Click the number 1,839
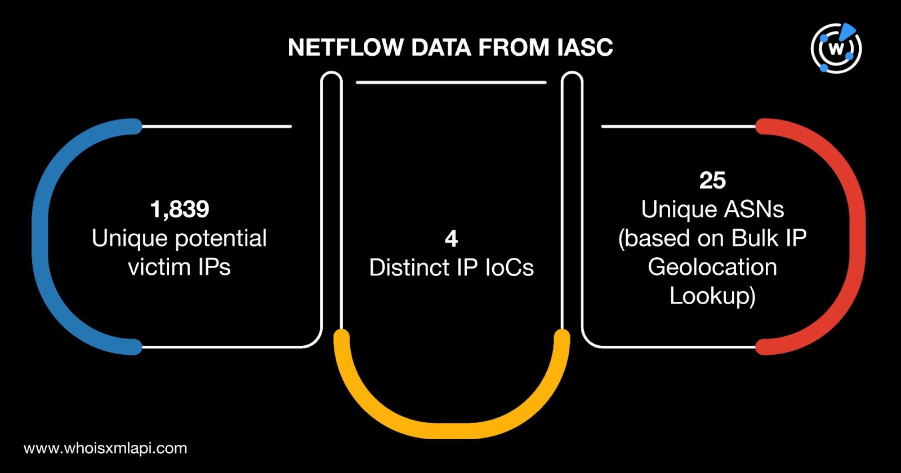[180, 209]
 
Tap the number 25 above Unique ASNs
[712, 181]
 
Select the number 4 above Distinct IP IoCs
[451, 239]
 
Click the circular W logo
[836, 48]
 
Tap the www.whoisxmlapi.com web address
[105, 448]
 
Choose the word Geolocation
[712, 267]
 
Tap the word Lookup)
[712, 296]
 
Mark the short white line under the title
[451, 82]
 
